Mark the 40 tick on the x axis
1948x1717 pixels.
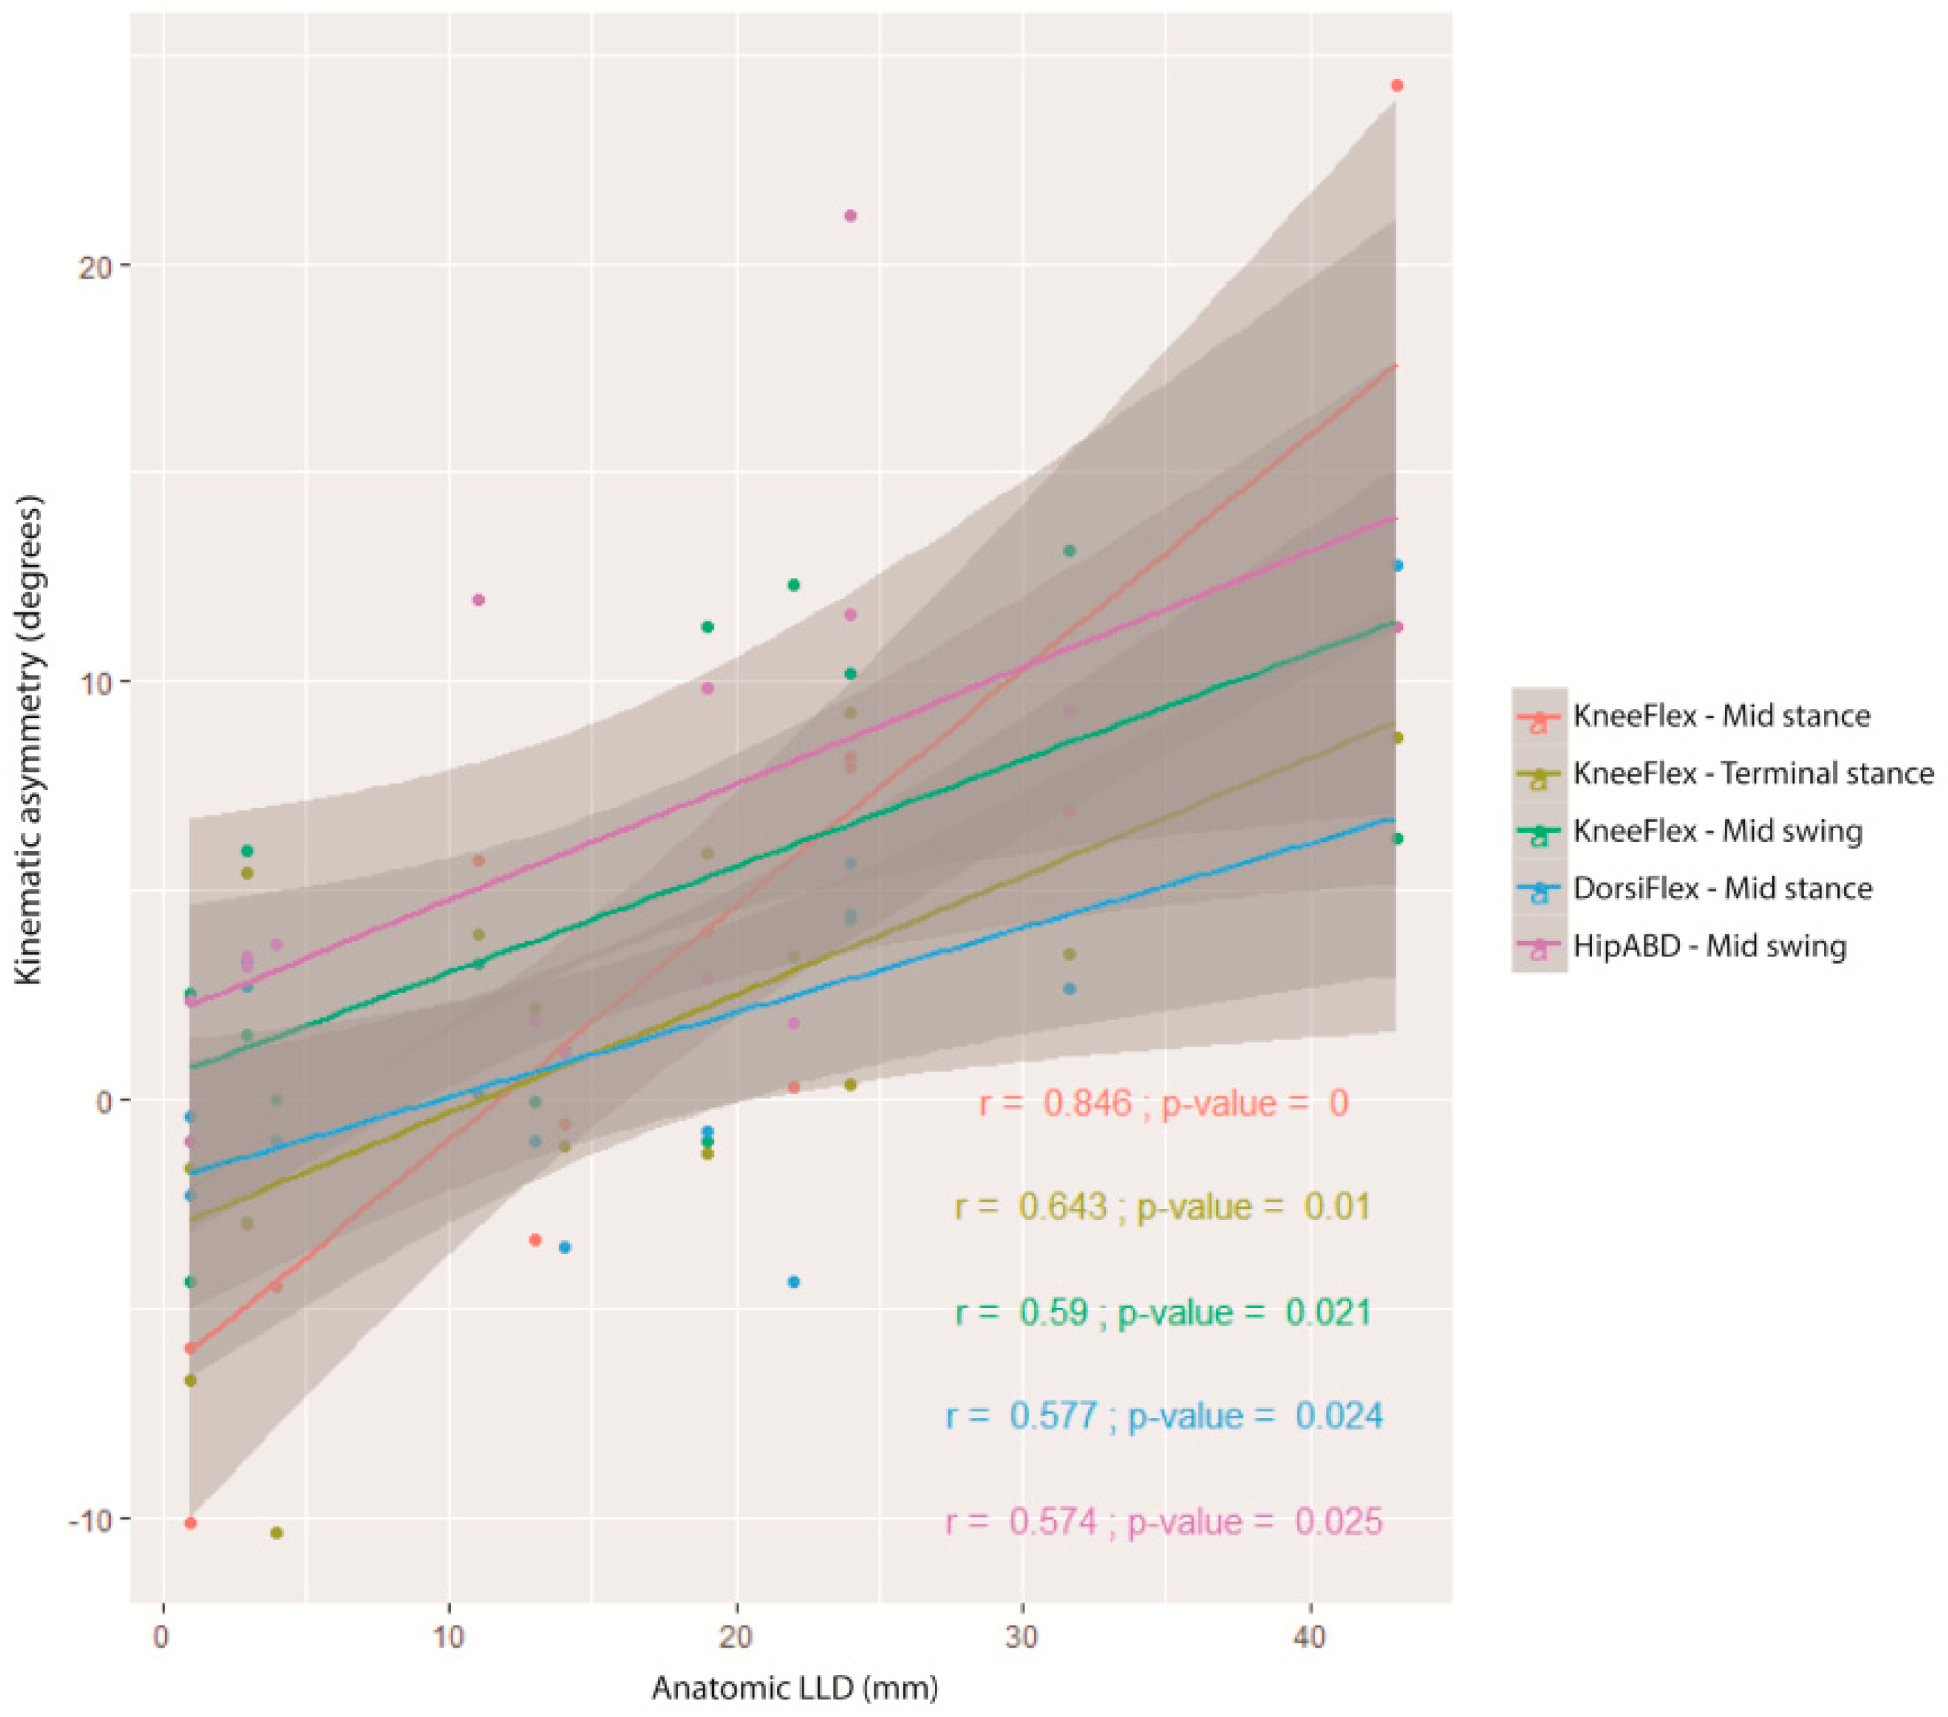click(1310, 1638)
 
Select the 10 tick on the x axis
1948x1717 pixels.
click(449, 1638)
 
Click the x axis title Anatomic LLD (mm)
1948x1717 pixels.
click(795, 1689)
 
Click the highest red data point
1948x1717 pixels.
click(1397, 85)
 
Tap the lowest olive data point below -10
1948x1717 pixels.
click(276, 1533)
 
